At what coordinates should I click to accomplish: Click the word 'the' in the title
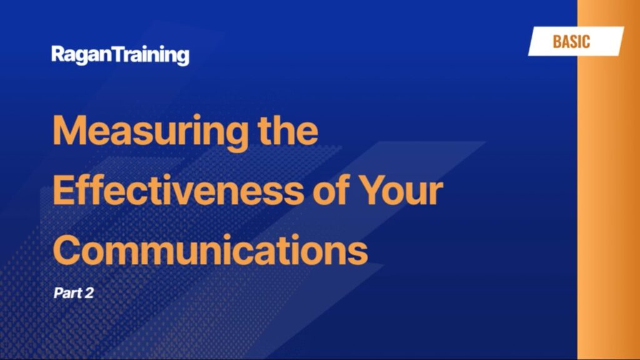point(288,130)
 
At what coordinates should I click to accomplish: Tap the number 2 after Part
point(89,292)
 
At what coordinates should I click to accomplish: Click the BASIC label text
point(571,42)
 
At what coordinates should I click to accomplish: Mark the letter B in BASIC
point(557,42)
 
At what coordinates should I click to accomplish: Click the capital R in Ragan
point(58,54)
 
